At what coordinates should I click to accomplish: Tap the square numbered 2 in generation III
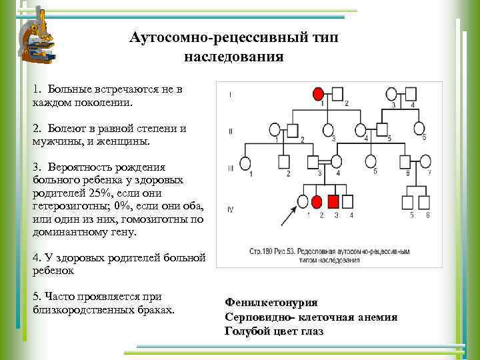pos(285,162)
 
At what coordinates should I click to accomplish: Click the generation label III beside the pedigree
pos(230,168)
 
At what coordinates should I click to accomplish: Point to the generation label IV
pos(230,209)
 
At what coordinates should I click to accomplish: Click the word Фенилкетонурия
pos(271,302)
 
